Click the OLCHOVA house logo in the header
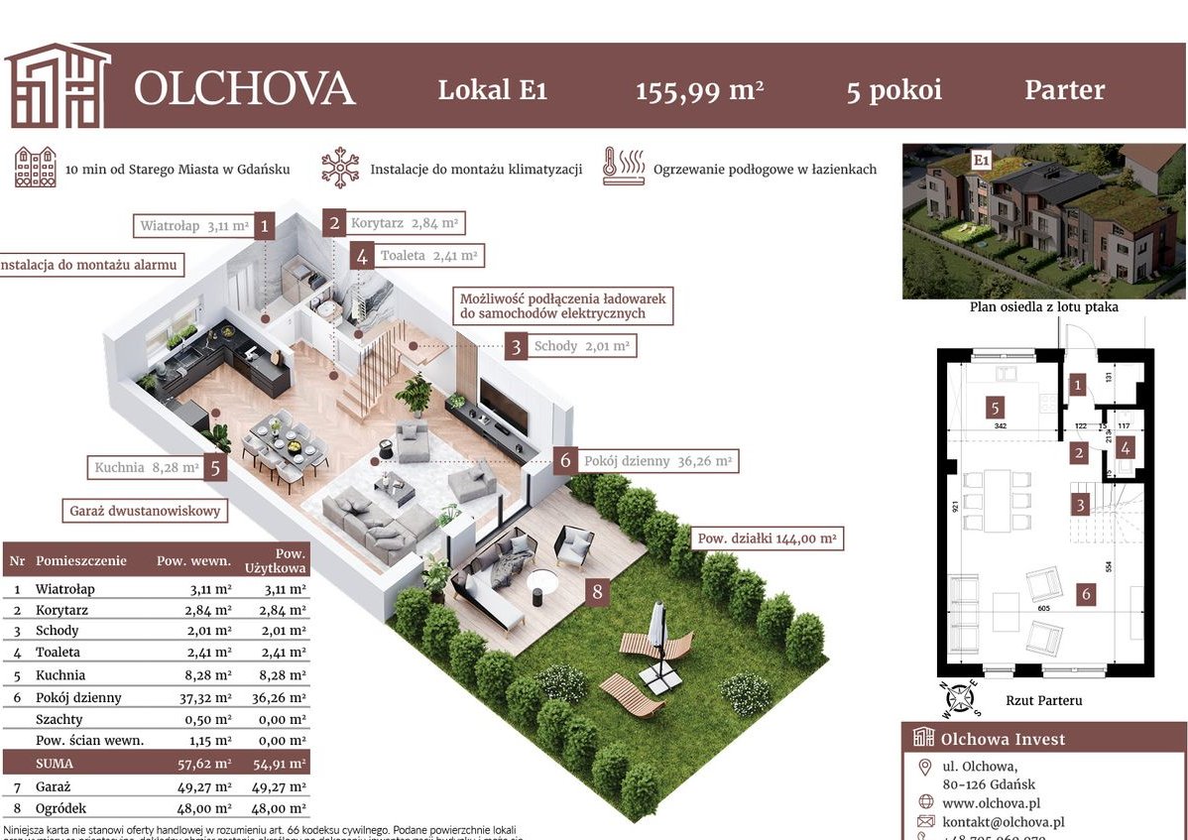(x=57, y=86)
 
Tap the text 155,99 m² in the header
(x=699, y=90)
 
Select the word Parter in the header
(x=1064, y=90)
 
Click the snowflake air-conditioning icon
(x=340, y=168)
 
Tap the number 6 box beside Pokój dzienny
(x=565, y=461)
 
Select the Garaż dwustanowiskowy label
(x=145, y=512)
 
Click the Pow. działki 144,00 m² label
(x=768, y=540)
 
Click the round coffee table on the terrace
(x=542, y=584)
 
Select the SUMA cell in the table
(x=56, y=764)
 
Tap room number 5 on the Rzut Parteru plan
(x=994, y=407)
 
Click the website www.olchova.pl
(x=990, y=802)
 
